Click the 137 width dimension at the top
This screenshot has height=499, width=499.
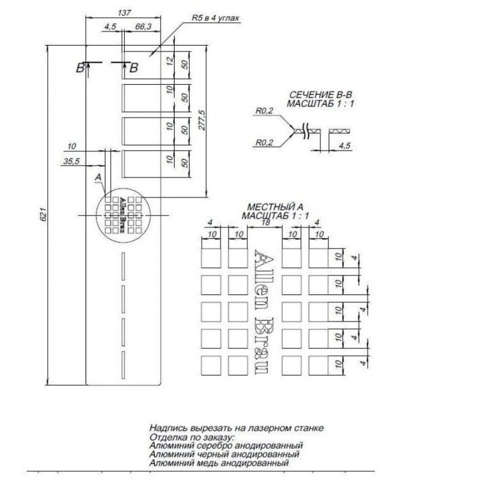click(x=124, y=13)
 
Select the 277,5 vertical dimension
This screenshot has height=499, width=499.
click(x=202, y=120)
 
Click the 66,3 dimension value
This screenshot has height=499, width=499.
click(x=143, y=27)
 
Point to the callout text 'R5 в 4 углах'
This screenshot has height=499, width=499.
click(x=215, y=18)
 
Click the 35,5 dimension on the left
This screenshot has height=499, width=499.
click(x=72, y=161)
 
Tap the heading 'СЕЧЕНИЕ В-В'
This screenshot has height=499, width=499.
click(x=320, y=95)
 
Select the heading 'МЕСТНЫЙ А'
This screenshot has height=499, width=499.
click(x=275, y=207)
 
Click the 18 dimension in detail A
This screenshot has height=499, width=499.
click(x=265, y=222)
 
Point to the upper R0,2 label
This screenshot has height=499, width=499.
click(x=264, y=111)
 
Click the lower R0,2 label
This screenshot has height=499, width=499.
click(x=264, y=142)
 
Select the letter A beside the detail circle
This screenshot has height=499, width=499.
click(x=98, y=177)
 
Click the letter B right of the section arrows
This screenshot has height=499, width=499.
click(x=134, y=68)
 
